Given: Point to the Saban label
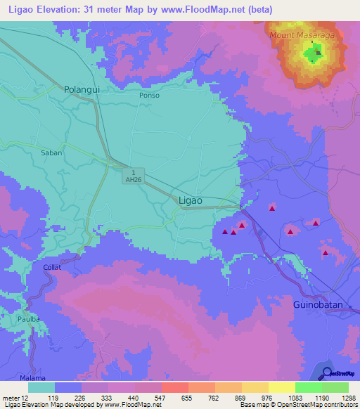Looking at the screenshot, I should [x=52, y=152].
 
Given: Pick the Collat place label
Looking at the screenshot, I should [x=51, y=268].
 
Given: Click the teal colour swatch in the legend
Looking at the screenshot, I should [x=41, y=387].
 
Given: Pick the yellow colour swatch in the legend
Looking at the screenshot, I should [x=281, y=387].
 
